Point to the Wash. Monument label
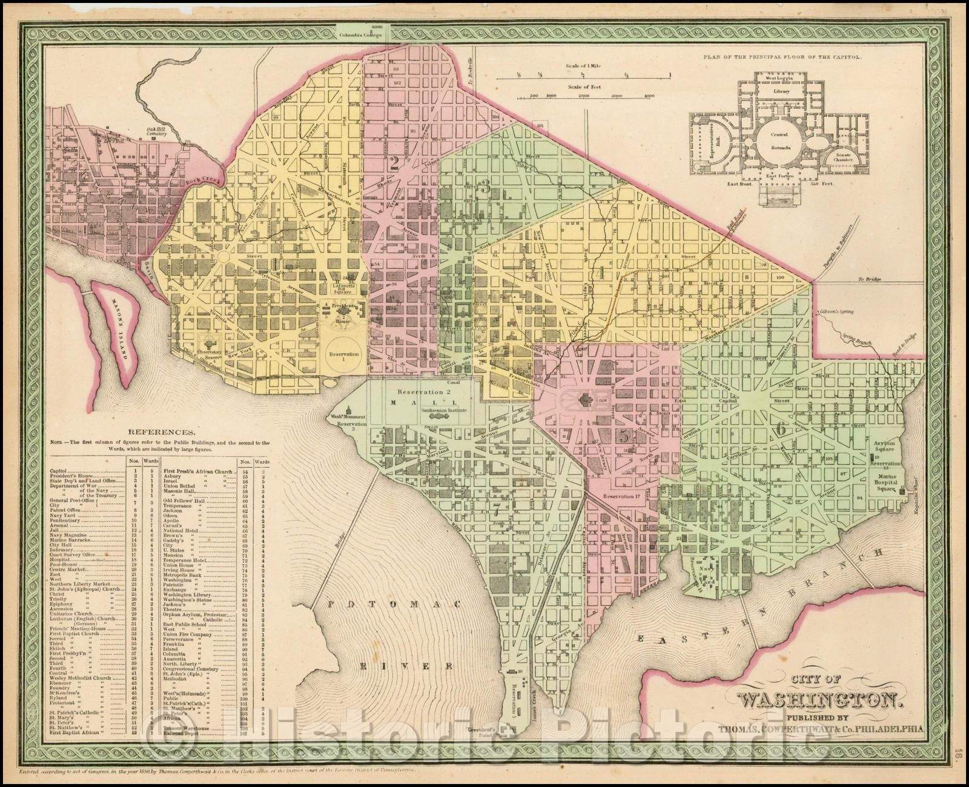click(348, 417)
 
